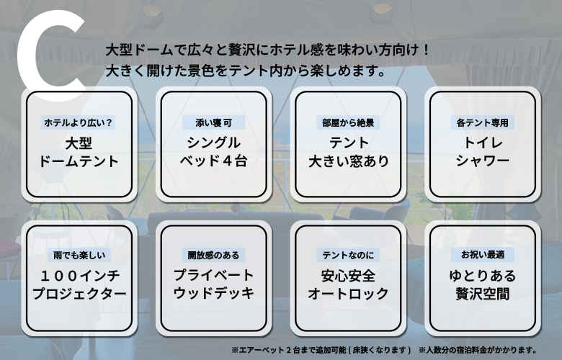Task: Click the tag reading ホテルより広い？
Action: [x=78, y=122]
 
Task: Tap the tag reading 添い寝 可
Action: [x=213, y=122]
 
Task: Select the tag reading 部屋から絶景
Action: [x=348, y=122]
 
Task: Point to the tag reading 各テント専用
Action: [x=483, y=122]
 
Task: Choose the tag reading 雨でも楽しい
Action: [x=79, y=255]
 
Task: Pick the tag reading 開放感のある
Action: [x=213, y=255]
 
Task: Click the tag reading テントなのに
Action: [x=348, y=255]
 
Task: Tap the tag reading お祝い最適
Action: [x=483, y=254]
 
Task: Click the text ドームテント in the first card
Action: [x=79, y=161]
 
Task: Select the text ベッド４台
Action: [x=213, y=161]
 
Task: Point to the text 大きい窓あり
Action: [x=349, y=161]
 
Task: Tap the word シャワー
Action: [x=483, y=161]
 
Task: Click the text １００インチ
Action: [x=79, y=276]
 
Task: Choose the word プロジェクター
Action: [x=79, y=294]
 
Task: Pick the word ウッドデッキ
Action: [x=213, y=293]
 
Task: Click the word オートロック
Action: [x=348, y=294]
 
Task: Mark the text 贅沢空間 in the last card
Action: [x=483, y=294]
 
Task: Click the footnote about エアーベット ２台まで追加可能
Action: [x=321, y=350]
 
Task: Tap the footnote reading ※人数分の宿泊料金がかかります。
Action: [x=478, y=350]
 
